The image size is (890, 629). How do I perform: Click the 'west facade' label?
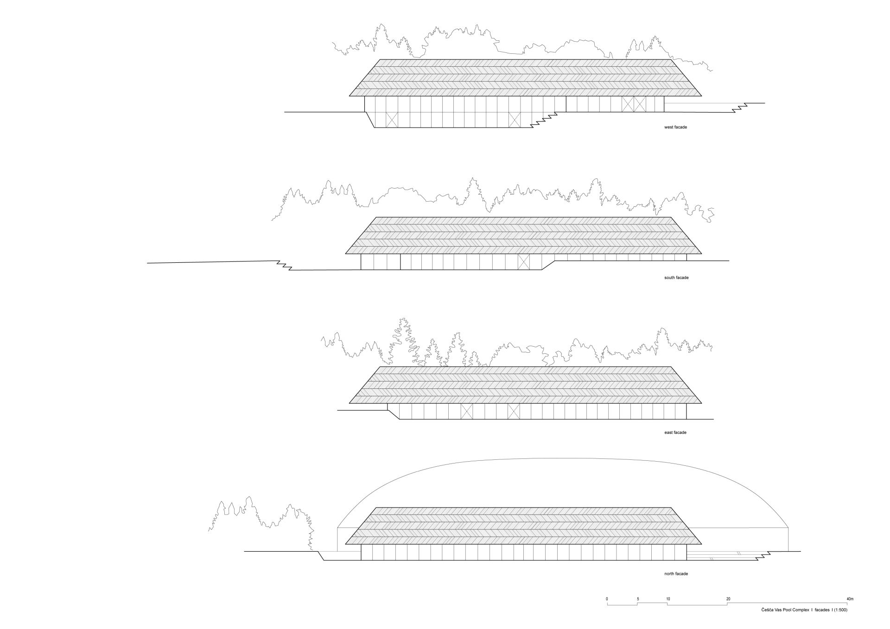point(675,127)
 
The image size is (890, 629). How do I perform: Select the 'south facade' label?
point(676,278)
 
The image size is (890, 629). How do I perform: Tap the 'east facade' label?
point(675,432)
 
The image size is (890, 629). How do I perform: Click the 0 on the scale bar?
point(607,599)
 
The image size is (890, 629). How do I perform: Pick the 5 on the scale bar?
point(637,599)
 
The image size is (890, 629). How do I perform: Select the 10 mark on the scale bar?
point(668,599)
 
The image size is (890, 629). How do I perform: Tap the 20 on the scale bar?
point(728,599)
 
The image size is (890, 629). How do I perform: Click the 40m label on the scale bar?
point(849,599)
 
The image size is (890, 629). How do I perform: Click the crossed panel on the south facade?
point(523,262)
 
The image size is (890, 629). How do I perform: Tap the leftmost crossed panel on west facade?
point(392,120)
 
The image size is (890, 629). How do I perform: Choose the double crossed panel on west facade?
point(634,104)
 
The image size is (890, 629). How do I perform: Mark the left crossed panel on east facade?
point(466,411)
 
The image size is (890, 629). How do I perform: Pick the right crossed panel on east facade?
point(514,411)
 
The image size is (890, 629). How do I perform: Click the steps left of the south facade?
point(284,266)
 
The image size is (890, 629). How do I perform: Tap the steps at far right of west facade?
point(739,107)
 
